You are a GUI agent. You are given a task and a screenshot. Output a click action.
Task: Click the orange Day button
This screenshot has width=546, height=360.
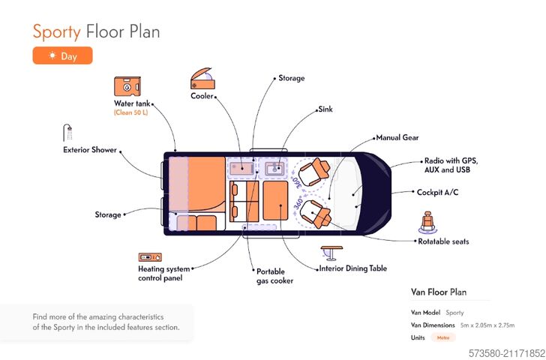tap(62, 55)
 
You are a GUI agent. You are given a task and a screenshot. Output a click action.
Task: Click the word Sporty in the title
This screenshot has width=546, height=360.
tap(56, 31)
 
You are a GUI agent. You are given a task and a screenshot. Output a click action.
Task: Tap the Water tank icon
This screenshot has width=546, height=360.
tap(127, 86)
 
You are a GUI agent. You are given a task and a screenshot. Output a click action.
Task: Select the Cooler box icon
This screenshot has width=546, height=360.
tap(202, 79)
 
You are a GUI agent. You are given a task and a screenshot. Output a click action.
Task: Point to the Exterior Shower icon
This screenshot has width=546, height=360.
tap(68, 132)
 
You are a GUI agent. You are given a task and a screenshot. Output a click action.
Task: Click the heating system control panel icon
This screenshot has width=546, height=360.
tap(149, 256)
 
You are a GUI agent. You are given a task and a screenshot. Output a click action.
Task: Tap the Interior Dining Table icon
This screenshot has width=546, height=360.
tap(331, 252)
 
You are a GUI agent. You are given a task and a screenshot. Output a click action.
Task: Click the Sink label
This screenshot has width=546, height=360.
tap(325, 109)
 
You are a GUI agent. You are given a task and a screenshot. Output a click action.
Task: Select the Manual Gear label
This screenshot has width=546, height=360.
tap(397, 138)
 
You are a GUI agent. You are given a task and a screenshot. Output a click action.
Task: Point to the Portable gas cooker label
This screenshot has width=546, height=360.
tap(274, 276)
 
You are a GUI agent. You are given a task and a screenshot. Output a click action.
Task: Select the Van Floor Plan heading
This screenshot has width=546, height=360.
tap(439, 292)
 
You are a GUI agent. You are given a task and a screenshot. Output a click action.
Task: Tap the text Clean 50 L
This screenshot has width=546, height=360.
tap(132, 112)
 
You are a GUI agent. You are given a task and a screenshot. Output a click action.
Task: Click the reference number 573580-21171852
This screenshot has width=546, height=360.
tap(506, 352)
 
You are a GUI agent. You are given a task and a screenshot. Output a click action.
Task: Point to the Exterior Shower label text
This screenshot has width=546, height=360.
tap(90, 150)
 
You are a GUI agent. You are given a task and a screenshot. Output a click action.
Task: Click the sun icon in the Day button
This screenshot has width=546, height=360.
tap(52, 55)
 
